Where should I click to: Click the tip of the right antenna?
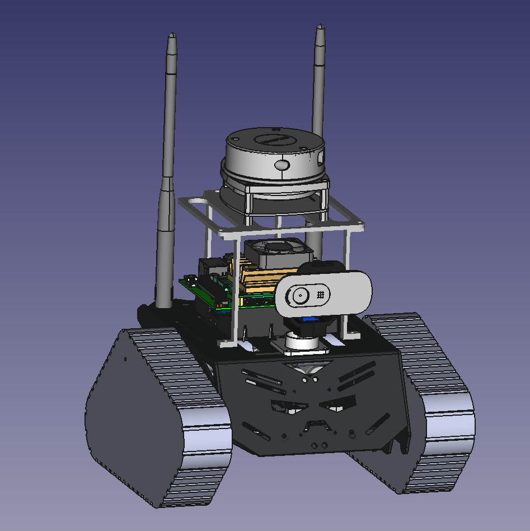[x=320, y=27]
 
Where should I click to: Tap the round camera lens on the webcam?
[x=299, y=296]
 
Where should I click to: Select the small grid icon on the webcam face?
[x=321, y=294]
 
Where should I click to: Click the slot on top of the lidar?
[x=274, y=139]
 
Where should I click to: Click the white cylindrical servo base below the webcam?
[x=302, y=342]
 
